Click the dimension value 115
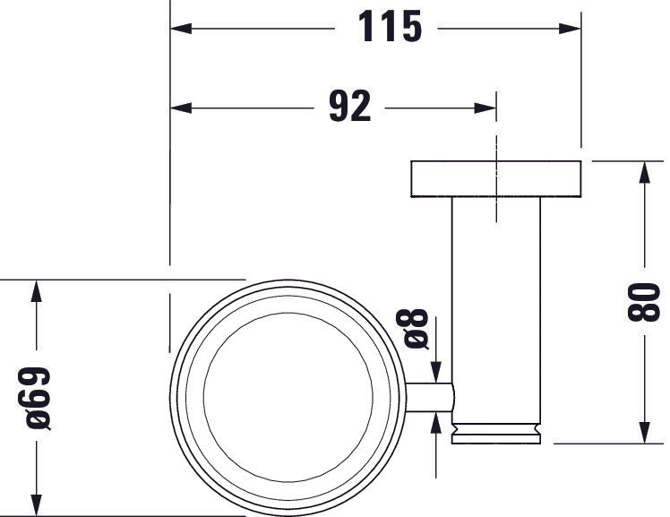pos(390,27)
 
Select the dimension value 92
pos(349,108)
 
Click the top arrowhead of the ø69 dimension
pos(35,292)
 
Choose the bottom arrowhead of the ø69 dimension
pos(35,504)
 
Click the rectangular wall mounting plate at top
pos(495,179)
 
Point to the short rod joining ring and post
pos(429,397)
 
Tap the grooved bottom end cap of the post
pos(495,432)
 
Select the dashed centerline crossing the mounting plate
pos(494,179)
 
